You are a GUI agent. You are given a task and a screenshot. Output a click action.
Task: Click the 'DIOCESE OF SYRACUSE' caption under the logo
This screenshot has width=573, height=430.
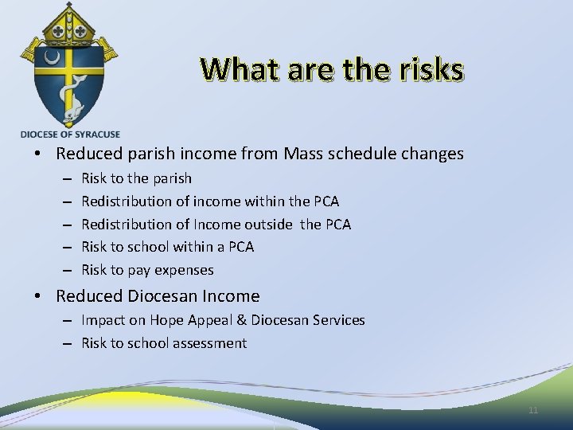tap(70, 135)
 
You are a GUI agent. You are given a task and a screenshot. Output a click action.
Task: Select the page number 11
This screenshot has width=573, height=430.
tap(533, 410)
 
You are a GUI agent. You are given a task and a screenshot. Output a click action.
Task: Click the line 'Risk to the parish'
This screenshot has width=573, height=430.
tap(136, 178)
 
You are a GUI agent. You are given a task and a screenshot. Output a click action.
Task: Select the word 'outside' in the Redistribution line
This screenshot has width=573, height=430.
tap(270, 225)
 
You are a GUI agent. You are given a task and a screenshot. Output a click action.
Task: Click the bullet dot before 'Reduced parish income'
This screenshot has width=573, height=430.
tap(39, 154)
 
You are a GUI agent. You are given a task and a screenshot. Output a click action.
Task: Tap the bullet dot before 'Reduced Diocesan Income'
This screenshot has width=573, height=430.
tap(39, 297)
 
